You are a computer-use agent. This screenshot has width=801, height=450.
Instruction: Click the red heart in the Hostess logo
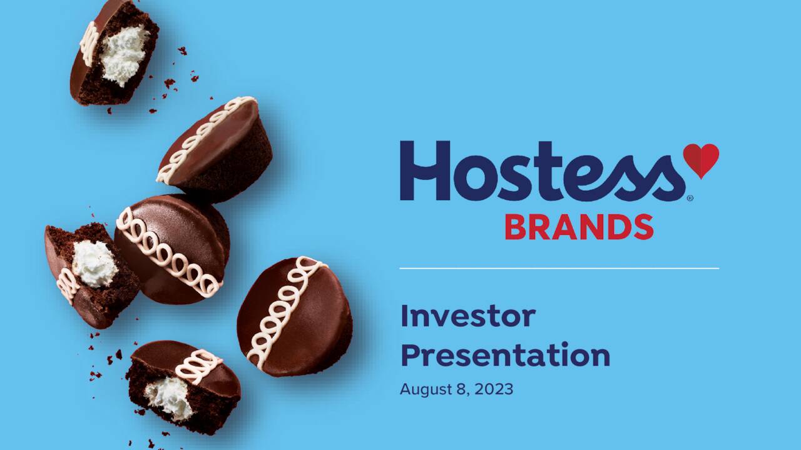[x=700, y=159]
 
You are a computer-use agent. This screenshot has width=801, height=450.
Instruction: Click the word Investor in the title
[x=467, y=316]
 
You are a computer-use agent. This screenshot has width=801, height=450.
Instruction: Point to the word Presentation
[x=505, y=355]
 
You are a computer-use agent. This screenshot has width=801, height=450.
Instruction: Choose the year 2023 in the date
[x=493, y=389]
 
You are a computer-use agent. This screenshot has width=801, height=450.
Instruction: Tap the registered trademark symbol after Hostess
[x=690, y=198]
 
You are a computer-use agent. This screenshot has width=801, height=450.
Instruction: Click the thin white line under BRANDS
[x=559, y=268]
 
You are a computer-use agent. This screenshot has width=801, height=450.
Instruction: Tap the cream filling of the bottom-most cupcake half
[x=169, y=397]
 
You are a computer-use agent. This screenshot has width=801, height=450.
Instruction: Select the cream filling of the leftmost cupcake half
[x=94, y=263]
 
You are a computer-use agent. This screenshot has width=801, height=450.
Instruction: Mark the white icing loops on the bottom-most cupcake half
[x=198, y=366]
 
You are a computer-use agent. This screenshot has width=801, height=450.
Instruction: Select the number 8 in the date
[x=461, y=389]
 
